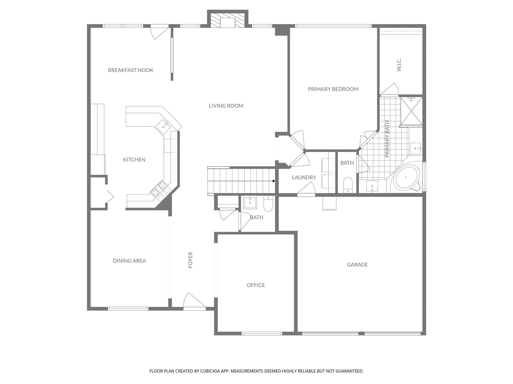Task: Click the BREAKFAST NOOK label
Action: point(131,70)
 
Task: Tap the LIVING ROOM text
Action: point(226,106)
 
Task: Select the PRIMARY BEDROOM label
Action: point(333,89)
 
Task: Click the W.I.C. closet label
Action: point(399,65)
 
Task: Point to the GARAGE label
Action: point(357,264)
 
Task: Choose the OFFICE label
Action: point(256,285)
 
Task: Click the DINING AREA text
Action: point(129,261)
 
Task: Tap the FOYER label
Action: point(190,260)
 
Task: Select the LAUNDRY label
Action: point(304,177)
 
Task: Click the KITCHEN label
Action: point(134,159)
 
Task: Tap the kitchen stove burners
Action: point(161,190)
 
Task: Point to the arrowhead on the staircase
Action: point(274,181)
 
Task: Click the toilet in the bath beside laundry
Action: point(347,185)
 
